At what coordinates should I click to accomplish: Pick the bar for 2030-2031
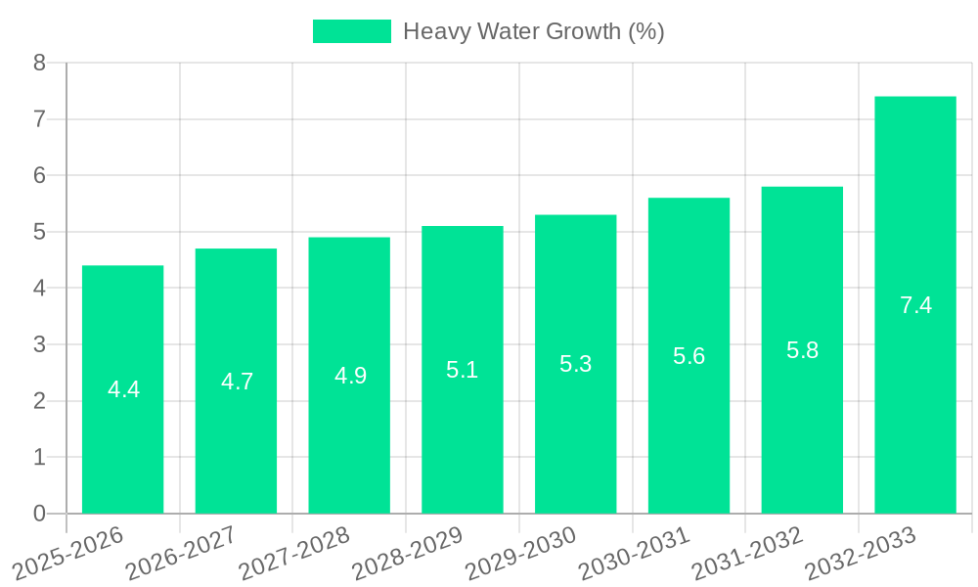pyautogui.click(x=689, y=356)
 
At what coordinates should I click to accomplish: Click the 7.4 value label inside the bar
pyautogui.click(x=915, y=305)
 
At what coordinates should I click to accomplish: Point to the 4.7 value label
pyautogui.click(x=237, y=382)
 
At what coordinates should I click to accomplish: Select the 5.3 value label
pyautogui.click(x=575, y=364)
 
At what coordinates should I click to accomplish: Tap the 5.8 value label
pyautogui.click(x=802, y=350)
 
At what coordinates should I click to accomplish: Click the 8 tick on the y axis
pyautogui.click(x=39, y=63)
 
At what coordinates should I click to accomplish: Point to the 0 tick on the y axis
pyautogui.click(x=39, y=514)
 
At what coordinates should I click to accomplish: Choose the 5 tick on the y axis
pyautogui.click(x=39, y=232)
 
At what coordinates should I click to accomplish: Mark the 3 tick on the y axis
pyautogui.click(x=39, y=344)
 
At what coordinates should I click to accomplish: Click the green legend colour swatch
pyautogui.click(x=351, y=31)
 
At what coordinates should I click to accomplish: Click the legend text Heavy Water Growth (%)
pyautogui.click(x=533, y=31)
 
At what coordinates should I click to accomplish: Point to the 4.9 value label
pyautogui.click(x=350, y=376)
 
